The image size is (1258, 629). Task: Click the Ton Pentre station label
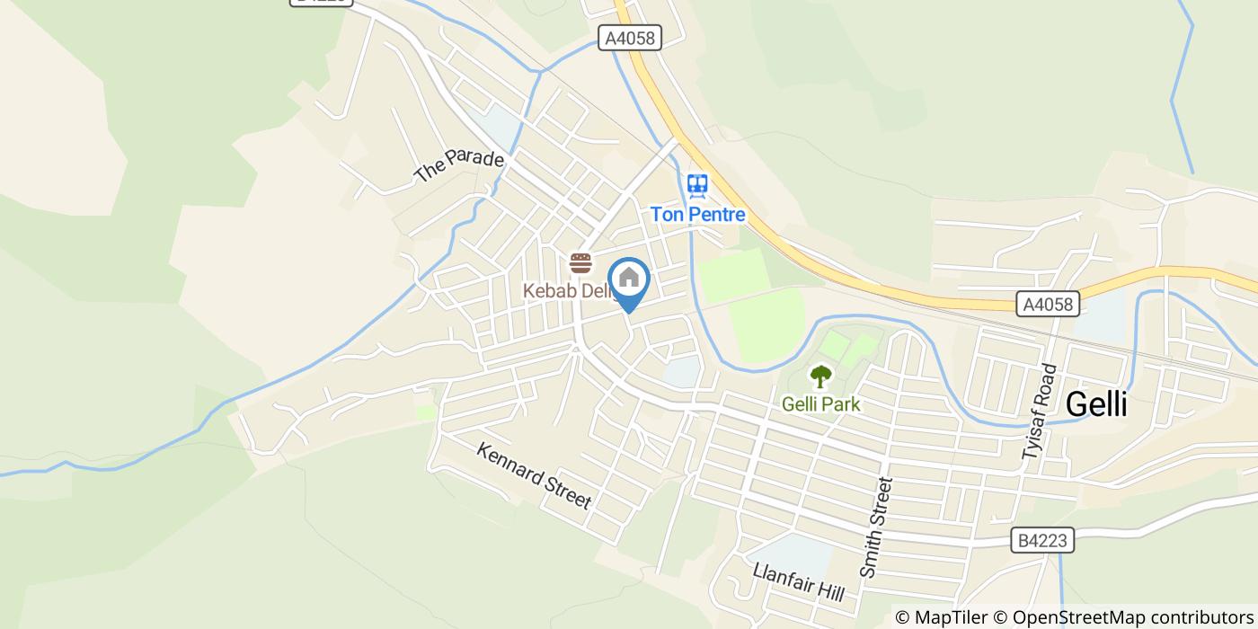click(x=697, y=215)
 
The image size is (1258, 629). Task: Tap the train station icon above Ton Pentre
click(x=697, y=186)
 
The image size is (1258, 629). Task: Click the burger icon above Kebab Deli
click(x=580, y=263)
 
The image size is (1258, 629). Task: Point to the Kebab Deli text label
click(x=567, y=291)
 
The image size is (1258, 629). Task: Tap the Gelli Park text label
click(x=820, y=404)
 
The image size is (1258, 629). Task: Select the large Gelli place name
click(x=1095, y=404)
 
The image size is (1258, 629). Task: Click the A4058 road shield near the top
click(x=630, y=38)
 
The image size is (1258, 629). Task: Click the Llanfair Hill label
click(x=799, y=582)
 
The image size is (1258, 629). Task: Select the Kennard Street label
click(x=534, y=475)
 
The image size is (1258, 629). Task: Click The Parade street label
click(x=459, y=166)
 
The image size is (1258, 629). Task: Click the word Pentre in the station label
click(x=718, y=215)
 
